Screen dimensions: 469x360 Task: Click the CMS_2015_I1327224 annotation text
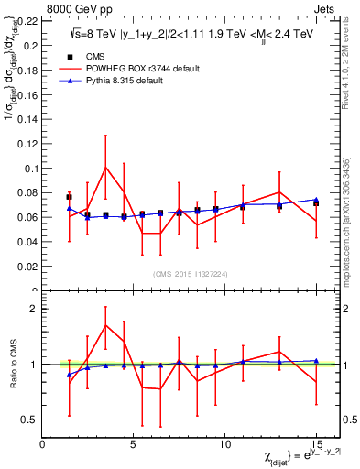click(189, 275)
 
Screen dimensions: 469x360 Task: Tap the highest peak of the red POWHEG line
click(106, 167)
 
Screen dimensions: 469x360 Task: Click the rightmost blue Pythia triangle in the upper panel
click(316, 200)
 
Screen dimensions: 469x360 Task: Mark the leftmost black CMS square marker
click(70, 197)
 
